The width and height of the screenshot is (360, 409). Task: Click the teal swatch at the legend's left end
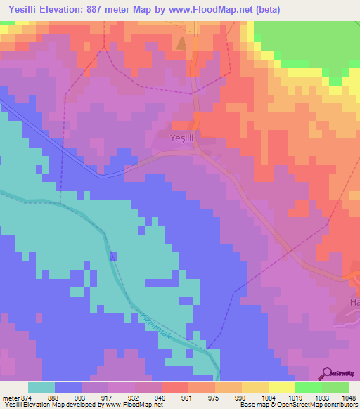[41, 387]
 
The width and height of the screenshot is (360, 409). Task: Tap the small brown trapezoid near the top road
[182, 44]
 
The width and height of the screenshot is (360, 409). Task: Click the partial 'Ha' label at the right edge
[354, 302]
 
